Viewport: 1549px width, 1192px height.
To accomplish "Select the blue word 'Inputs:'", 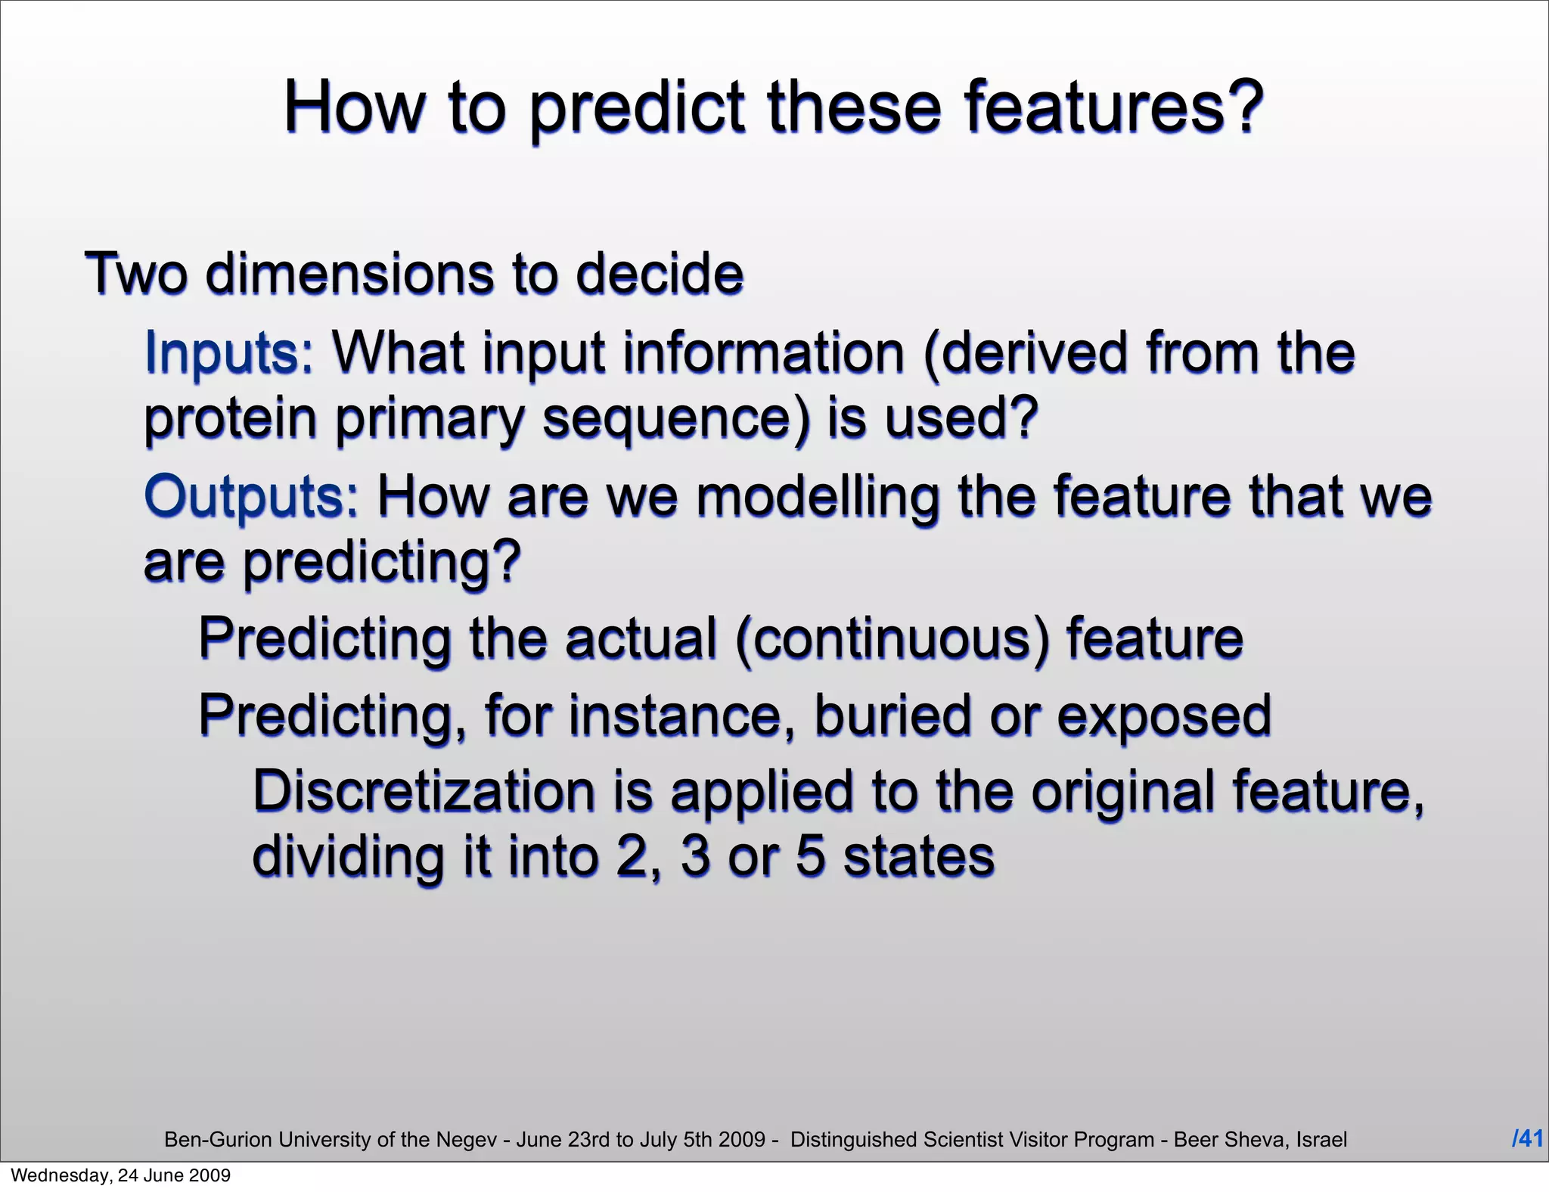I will [228, 353].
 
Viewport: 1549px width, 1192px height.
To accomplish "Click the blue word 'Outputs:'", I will [251, 496].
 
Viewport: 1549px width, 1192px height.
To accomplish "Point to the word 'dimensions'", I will [349, 274].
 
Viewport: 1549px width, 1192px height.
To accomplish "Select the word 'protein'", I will [230, 420].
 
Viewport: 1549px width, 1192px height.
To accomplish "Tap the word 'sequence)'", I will [675, 420].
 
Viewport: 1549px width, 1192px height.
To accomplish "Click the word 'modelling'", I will [817, 496].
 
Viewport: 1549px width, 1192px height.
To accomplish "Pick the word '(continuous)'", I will [892, 638].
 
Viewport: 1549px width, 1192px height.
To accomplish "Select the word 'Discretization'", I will [424, 791].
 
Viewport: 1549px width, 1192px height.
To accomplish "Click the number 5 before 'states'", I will [809, 856].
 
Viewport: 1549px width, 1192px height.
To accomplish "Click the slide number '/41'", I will [1527, 1138].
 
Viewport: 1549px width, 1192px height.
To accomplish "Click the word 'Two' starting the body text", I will [135, 274].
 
